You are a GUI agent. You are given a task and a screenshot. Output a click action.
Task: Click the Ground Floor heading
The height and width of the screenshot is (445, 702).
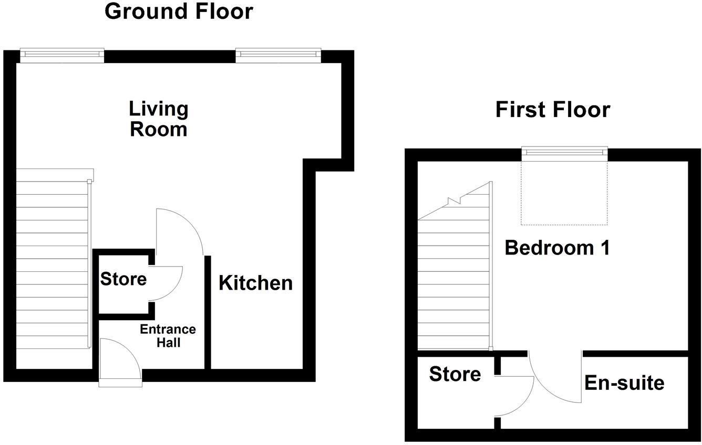179,11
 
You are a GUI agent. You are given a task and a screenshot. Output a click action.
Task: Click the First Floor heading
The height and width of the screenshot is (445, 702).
553,110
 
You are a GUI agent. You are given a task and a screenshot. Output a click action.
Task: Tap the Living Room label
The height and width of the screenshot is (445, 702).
159,119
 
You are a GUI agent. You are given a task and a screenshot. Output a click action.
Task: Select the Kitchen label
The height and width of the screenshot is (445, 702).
255,283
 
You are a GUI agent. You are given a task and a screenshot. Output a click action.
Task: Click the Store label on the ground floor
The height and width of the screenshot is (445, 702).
123,279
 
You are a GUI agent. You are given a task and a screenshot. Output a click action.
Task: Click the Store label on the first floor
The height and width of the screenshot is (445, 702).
455,374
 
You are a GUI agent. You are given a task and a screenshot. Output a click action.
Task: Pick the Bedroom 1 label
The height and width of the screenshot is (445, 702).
557,248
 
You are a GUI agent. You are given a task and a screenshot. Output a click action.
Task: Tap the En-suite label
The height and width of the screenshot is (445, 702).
624,383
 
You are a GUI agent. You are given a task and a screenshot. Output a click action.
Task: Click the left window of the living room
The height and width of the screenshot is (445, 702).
62,55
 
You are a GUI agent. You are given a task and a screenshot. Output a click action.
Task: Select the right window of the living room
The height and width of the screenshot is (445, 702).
278,55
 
